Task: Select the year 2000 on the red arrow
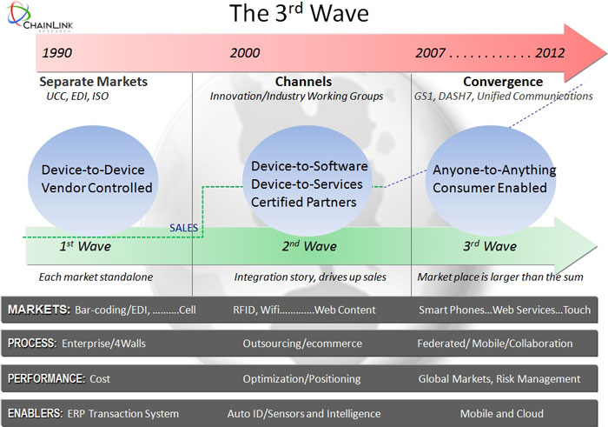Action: [245, 53]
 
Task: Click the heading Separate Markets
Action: [94, 82]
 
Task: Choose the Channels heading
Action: [296, 82]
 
